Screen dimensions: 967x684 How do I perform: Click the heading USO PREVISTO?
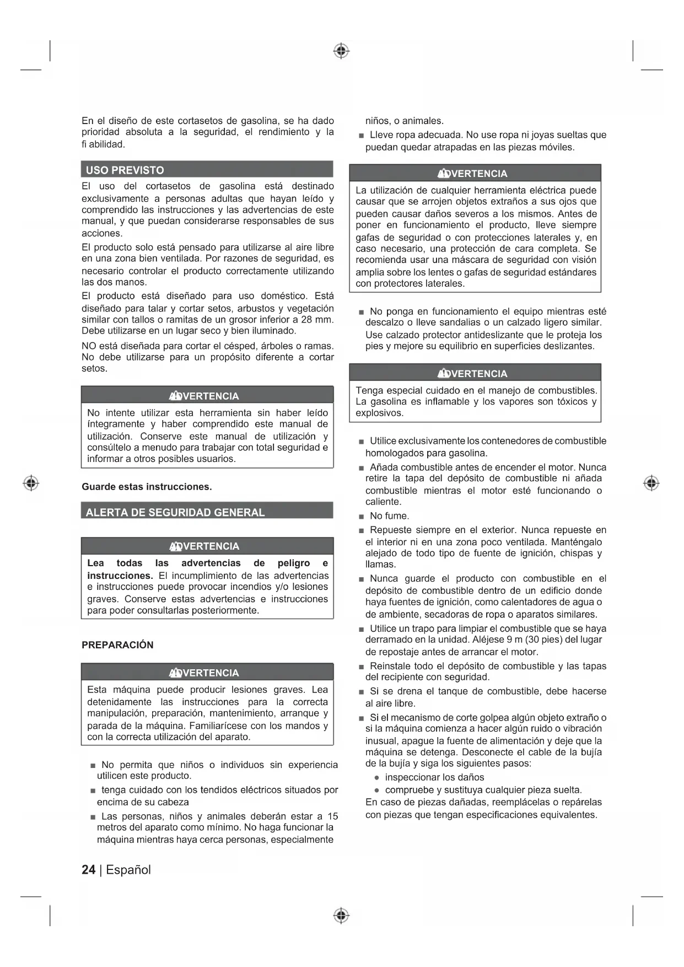[125, 170]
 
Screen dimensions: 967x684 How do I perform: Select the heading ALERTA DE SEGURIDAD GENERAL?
[175, 512]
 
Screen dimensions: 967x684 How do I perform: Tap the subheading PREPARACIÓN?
[117, 645]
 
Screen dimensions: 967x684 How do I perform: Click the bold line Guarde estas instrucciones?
[147, 487]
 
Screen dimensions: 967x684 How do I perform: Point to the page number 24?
[88, 870]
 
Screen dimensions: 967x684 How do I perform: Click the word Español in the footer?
[128, 870]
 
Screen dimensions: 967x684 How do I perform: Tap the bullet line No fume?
[389, 516]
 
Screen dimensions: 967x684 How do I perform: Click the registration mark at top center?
[341, 51]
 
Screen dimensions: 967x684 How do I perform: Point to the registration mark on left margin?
[31, 483]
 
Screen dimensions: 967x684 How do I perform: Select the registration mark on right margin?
[651, 483]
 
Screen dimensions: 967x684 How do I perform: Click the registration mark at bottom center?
[341, 916]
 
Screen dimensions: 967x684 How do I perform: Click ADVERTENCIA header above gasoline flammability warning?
[475, 373]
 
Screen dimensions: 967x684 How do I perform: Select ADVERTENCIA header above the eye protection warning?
[475, 174]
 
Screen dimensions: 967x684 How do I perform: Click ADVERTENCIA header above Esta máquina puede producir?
[207, 673]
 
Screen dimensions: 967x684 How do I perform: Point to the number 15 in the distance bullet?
[332, 816]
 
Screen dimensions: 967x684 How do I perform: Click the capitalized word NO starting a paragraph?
[89, 346]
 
